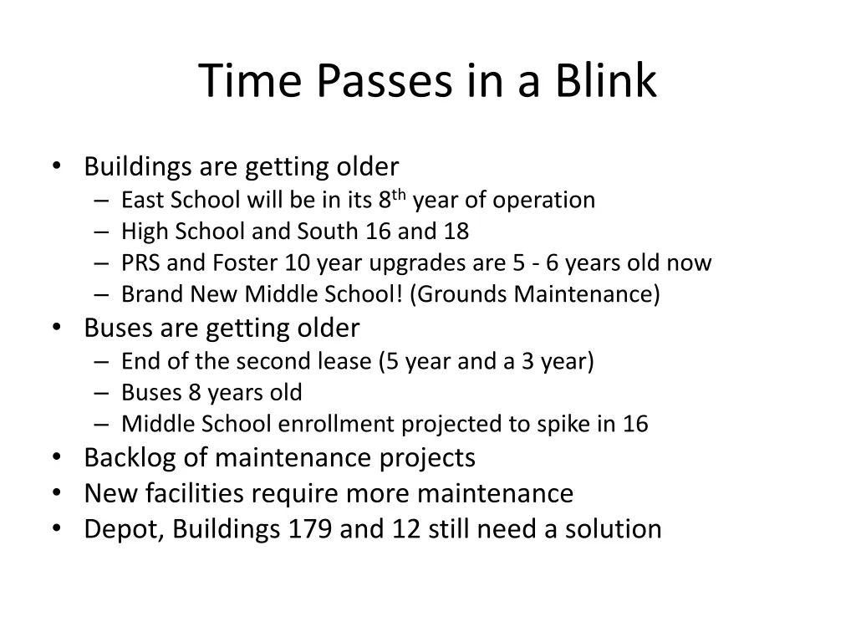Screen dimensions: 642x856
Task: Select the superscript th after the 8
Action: coord(400,196)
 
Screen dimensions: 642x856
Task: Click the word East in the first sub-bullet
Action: coord(143,201)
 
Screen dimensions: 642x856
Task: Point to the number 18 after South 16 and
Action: coord(456,232)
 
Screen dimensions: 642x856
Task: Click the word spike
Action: coord(564,424)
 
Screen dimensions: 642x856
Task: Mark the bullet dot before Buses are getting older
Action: coord(56,328)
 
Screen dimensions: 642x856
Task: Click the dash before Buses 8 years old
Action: coord(102,393)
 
